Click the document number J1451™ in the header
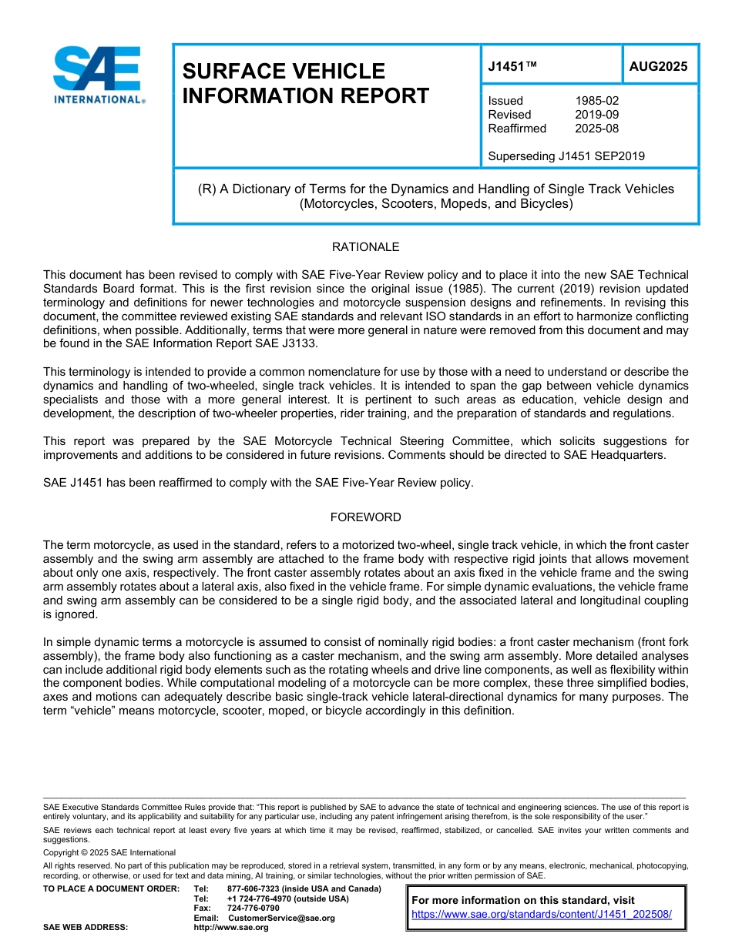pyautogui.click(x=512, y=66)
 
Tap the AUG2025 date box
pyautogui.click(x=658, y=66)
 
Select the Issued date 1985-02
pyautogui.click(x=596, y=101)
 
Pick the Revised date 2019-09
pyautogui.click(x=596, y=115)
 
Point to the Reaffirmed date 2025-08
pyautogui.click(x=596, y=129)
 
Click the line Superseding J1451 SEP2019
pyautogui.click(x=566, y=156)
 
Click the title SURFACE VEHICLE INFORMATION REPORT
pyautogui.click(x=305, y=83)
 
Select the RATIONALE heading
pyautogui.click(x=365, y=247)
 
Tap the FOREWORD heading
pyautogui.click(x=365, y=517)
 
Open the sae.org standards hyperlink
pyautogui.click(x=542, y=915)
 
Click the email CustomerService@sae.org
pyautogui.click(x=281, y=918)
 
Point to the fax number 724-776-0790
pyautogui.click(x=253, y=909)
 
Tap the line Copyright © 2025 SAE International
pyautogui.click(x=109, y=853)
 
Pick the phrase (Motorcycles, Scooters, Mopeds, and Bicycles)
pyautogui.click(x=436, y=204)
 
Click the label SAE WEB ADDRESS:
pyautogui.click(x=86, y=928)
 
